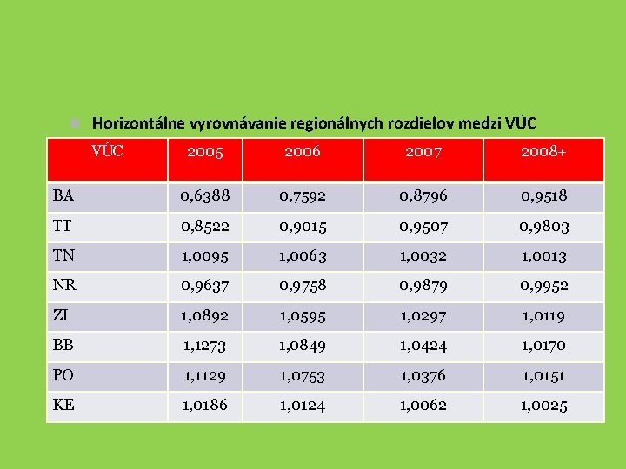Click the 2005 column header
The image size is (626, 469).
coord(205,152)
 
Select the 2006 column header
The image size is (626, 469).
coord(302,152)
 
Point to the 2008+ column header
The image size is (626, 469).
coord(543,152)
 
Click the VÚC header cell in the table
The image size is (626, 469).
coord(108,150)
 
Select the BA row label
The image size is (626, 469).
coord(63,195)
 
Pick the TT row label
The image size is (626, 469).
coord(63,226)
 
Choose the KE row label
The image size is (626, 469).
coord(63,405)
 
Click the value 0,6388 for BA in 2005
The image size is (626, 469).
coord(205,196)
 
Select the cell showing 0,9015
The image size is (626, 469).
coord(302,227)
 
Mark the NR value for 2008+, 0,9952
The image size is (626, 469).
coord(543,286)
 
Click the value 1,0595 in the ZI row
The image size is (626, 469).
coord(302,315)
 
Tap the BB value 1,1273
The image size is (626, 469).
coord(205,346)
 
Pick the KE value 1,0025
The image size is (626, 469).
coord(543,406)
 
